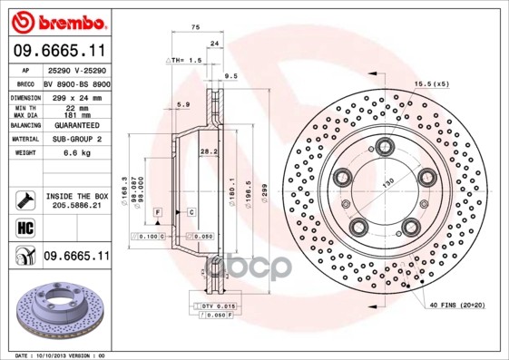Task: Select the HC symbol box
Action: (x=23, y=227)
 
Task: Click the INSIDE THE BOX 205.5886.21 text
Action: (x=76, y=200)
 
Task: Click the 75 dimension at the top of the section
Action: (x=195, y=27)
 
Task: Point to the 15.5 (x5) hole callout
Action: (x=430, y=83)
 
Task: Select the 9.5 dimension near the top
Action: (x=230, y=76)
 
